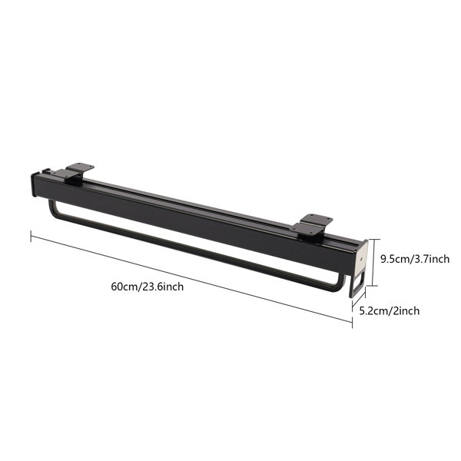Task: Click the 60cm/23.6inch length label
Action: [148, 287]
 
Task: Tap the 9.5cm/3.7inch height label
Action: [415, 259]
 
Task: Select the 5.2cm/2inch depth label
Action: [390, 310]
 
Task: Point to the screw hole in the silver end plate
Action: [361, 259]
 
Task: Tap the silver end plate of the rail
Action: [361, 258]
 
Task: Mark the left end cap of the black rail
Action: [33, 185]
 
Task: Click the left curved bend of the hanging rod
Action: [53, 209]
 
